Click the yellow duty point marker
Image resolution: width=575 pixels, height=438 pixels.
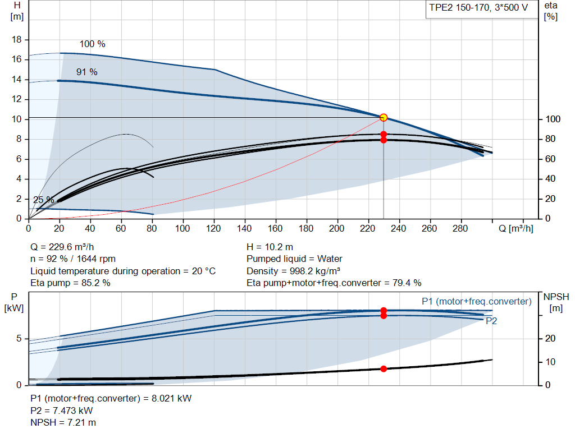pyautogui.click(x=384, y=118)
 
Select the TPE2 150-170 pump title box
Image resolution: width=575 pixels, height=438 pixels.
pyautogui.click(x=481, y=9)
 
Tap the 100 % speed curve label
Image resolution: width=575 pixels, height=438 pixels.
pyautogui.click(x=93, y=44)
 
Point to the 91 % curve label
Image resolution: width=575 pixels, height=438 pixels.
pyautogui.click(x=87, y=72)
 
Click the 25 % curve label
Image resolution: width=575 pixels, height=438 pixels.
pyautogui.click(x=44, y=200)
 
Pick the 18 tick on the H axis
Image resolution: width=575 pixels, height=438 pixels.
pyautogui.click(x=17, y=40)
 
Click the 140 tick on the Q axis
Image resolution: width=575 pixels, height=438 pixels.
pyautogui.click(x=244, y=228)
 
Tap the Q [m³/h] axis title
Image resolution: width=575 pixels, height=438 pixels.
pyautogui.click(x=516, y=228)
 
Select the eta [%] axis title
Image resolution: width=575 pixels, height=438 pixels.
pyautogui.click(x=551, y=11)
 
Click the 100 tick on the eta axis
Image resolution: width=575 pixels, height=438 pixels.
pyautogui.click(x=553, y=119)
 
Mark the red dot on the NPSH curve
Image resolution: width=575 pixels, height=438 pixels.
pyautogui.click(x=384, y=369)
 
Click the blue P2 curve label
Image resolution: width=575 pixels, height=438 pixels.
pyautogui.click(x=491, y=321)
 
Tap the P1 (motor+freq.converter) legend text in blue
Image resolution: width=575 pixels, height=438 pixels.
pyautogui.click(x=477, y=301)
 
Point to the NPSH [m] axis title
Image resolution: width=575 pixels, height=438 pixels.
pyautogui.click(x=556, y=302)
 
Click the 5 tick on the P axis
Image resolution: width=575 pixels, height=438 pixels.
pyautogui.click(x=19, y=338)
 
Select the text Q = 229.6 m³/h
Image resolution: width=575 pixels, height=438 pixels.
pyautogui.click(x=62, y=247)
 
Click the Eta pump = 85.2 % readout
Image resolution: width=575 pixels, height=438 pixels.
pyautogui.click(x=70, y=283)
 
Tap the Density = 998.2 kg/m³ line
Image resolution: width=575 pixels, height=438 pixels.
pyautogui.click(x=293, y=271)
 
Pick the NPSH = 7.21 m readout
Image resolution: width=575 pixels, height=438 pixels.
pyautogui.click(x=63, y=423)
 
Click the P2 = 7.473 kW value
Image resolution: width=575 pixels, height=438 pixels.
pyautogui.click(x=62, y=411)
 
